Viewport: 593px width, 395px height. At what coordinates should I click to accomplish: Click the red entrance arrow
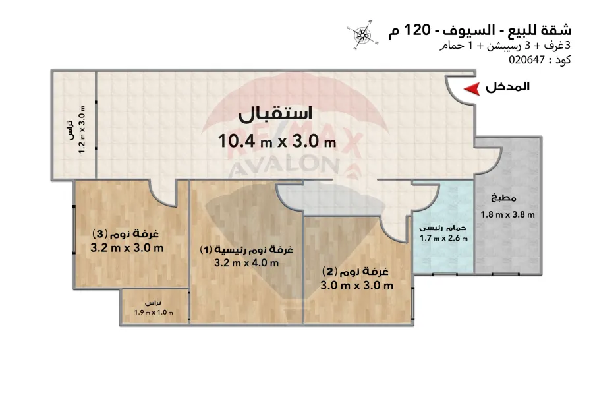472,88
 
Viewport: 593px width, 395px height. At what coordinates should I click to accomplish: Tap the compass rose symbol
362,35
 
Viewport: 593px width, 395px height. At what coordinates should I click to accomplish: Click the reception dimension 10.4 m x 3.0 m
277,142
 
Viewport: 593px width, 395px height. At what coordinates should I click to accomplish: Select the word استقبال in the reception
275,114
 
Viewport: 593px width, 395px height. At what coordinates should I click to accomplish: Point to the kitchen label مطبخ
503,198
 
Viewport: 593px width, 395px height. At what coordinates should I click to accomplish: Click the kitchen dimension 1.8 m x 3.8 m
507,214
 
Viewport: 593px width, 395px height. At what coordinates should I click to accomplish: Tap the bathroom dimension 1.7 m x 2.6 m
443,238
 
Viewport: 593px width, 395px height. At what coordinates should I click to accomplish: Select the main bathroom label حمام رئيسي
443,228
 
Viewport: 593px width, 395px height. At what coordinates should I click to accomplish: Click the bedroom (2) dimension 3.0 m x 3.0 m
356,286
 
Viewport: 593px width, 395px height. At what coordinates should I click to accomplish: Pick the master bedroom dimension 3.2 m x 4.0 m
246,262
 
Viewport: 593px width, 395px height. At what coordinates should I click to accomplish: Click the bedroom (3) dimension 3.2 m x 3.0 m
127,248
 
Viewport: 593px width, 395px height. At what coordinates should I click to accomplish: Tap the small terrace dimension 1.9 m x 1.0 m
154,313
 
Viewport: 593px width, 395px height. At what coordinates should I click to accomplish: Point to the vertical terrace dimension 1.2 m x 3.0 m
82,129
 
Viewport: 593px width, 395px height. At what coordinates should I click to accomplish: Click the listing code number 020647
526,60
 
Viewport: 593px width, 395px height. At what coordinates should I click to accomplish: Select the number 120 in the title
417,30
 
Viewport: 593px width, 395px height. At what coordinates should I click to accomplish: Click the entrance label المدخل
507,86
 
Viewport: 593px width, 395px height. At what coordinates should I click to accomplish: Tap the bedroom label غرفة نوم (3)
125,234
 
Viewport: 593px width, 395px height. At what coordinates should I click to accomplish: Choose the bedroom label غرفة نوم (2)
355,271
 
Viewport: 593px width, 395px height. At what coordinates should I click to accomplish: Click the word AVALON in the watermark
283,166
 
